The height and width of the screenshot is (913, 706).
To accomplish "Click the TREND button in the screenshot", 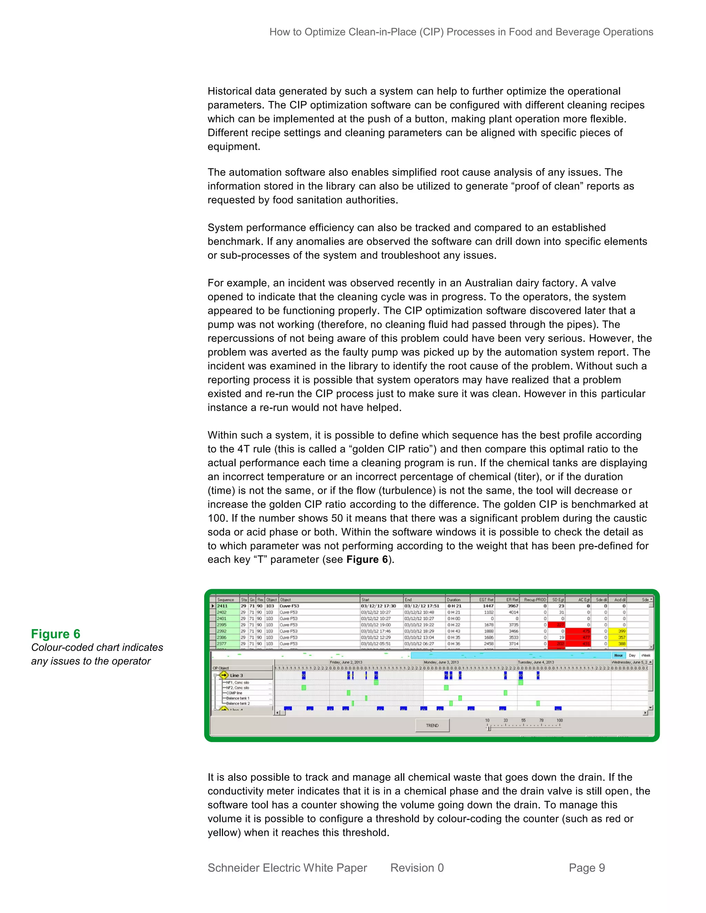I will [x=432, y=725].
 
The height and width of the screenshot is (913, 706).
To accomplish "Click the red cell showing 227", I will [x=557, y=625].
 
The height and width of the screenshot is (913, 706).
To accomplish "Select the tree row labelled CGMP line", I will [x=235, y=693].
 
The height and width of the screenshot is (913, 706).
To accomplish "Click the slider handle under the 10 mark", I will [x=489, y=729].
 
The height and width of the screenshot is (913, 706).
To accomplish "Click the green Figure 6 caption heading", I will [x=56, y=634].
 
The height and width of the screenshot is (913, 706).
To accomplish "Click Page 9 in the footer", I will [x=587, y=868].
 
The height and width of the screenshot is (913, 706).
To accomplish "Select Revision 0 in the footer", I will [x=417, y=868].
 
